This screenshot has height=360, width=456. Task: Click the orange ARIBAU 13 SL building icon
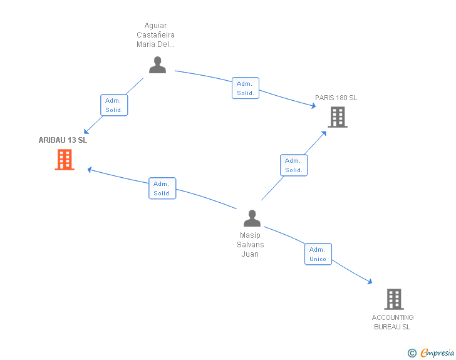tap(65, 160)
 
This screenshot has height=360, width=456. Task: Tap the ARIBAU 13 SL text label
tap(63, 140)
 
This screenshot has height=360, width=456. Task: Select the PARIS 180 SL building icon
tap(338, 117)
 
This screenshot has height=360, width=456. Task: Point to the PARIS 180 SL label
tap(336, 98)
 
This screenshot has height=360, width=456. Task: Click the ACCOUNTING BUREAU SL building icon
tap(394, 299)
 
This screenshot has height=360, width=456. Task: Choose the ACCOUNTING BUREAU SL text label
tap(393, 322)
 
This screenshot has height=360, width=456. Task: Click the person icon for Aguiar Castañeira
tap(158, 65)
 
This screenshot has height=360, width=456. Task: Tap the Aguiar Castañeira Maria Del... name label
tap(155, 35)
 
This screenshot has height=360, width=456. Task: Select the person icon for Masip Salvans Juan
tap(252, 218)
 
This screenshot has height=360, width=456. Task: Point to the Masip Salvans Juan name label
tap(251, 245)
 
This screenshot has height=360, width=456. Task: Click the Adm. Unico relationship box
tap(318, 254)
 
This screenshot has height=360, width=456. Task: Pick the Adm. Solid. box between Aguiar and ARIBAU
tap(114, 105)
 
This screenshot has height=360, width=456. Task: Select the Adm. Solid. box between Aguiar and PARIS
tap(246, 88)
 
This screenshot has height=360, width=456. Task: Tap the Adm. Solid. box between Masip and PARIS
tap(294, 165)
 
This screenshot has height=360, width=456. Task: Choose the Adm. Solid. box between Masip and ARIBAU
tap(162, 188)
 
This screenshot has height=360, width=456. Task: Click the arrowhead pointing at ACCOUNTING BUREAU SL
tap(370, 281)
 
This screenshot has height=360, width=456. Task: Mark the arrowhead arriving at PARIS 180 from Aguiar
tap(313, 106)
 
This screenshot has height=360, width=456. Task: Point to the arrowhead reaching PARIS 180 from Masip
tap(324, 133)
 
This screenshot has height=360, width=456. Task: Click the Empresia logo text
tap(437, 353)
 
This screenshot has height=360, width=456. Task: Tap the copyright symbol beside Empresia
tap(412, 353)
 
